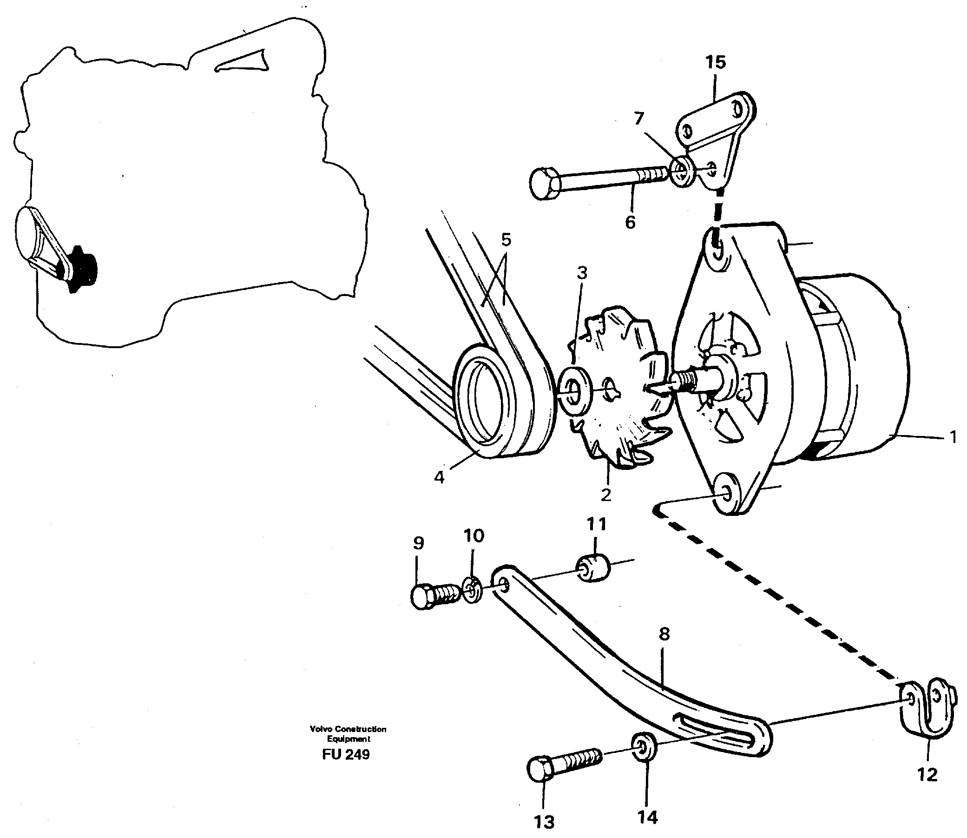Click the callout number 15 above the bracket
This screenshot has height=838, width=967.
click(x=716, y=62)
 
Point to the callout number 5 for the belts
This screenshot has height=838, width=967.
click(x=506, y=240)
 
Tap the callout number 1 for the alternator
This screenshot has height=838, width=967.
click(x=953, y=438)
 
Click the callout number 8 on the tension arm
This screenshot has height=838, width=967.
click(x=664, y=634)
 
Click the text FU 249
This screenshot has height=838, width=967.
click(x=346, y=754)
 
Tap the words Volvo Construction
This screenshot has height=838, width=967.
click(x=348, y=729)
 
